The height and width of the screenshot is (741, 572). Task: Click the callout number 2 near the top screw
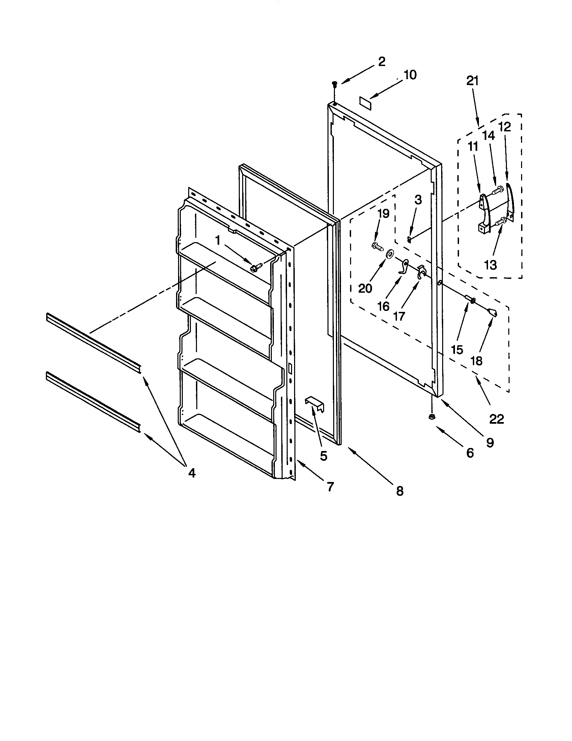pos(381,62)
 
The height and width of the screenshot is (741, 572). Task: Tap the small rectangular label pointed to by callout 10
pos(366,102)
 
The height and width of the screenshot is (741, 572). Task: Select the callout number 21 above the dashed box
pos(472,81)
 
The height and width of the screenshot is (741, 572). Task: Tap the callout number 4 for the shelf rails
pos(192,473)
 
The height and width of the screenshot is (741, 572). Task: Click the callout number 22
pos(496,419)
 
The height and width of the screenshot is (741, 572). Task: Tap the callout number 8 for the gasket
pos(400,491)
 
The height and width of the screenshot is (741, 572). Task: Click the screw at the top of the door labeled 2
pos(335,83)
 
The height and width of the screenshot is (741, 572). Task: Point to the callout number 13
pos(490,265)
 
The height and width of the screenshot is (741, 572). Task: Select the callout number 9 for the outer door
pos(490,443)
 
